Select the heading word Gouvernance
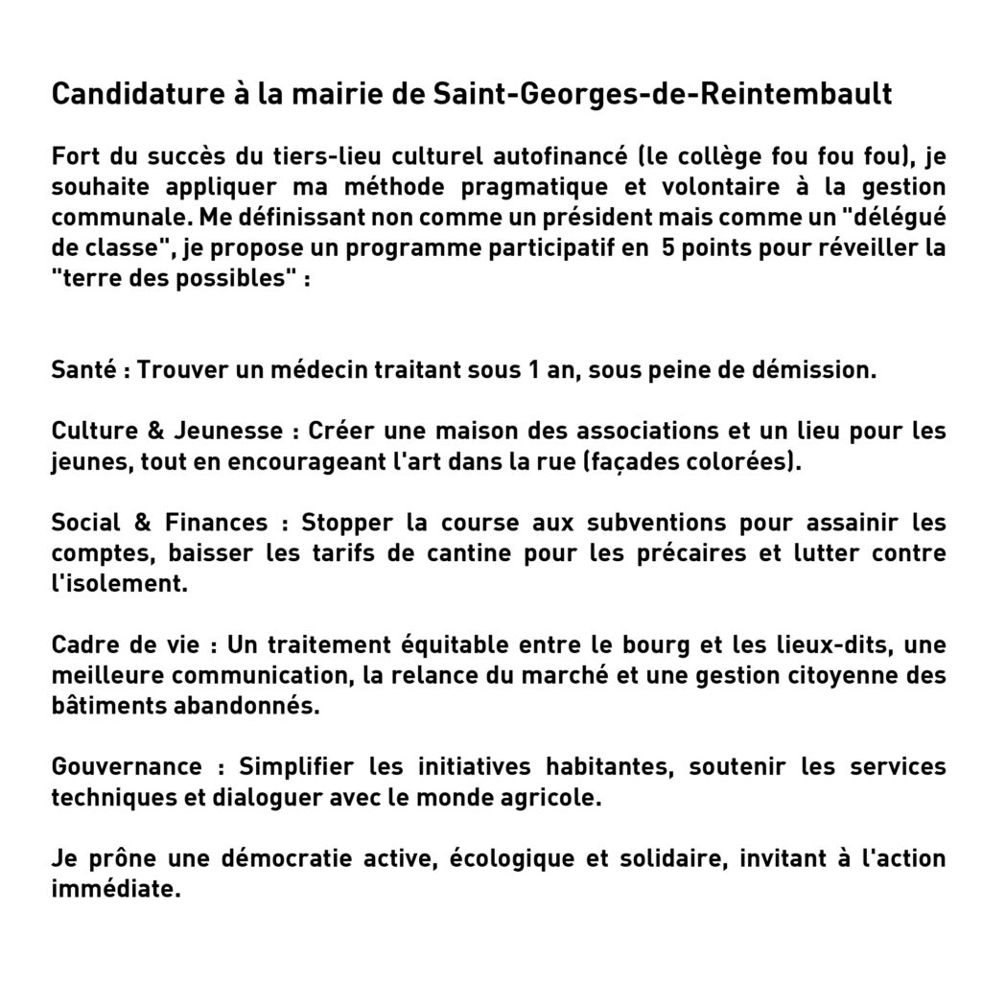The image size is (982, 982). (127, 766)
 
